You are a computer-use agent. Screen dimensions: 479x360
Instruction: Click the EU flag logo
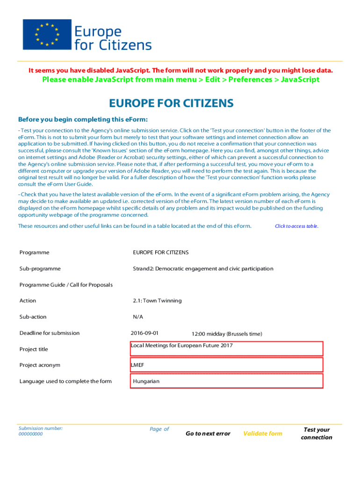coord(47,35)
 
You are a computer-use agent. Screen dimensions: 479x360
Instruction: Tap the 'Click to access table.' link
coord(296,226)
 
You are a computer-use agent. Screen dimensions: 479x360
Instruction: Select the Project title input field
coord(227,349)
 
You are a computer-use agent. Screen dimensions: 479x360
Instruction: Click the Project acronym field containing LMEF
coord(227,365)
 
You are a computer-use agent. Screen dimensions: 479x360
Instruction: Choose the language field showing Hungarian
coord(227,381)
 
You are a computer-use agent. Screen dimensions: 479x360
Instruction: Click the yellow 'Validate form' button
coord(263,434)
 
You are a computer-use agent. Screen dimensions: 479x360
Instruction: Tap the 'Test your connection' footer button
coord(317,434)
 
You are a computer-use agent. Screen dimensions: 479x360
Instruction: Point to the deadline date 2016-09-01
coord(145,333)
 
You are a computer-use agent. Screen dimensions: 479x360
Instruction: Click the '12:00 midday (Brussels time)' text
coord(227,334)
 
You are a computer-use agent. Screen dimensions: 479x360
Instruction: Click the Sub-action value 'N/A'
coord(138,317)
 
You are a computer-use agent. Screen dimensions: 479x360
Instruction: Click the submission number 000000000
coord(30,434)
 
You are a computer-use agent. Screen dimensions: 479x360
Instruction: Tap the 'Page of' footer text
coord(159,429)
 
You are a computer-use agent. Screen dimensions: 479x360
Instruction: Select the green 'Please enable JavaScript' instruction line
coord(180,80)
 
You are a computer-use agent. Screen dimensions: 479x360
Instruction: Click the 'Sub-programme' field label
coord(40,269)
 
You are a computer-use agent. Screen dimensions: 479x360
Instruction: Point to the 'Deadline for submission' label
coord(50,333)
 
